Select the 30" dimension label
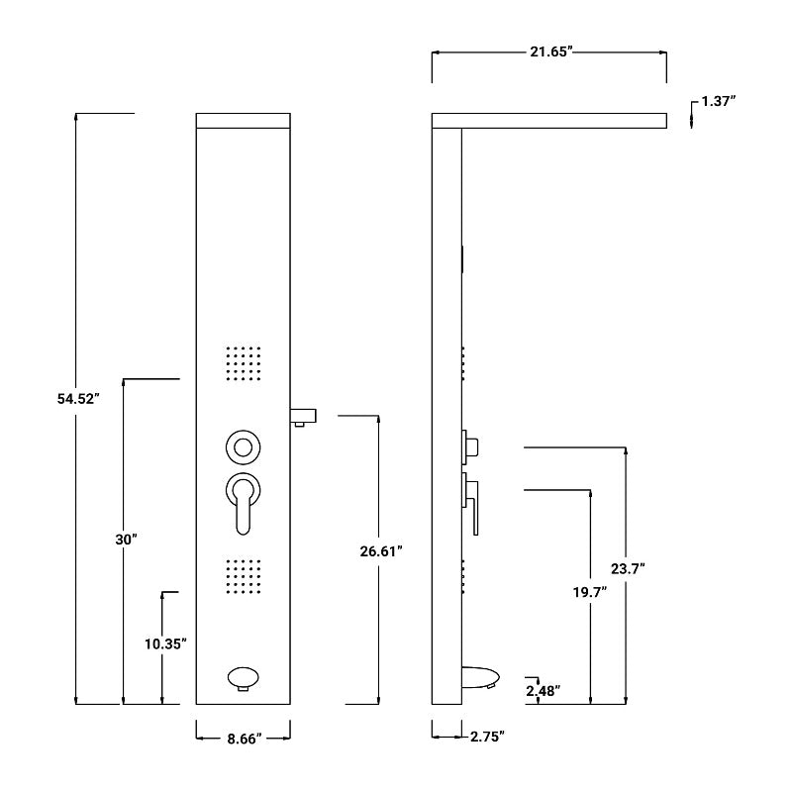[x=126, y=540]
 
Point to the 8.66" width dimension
[x=244, y=738]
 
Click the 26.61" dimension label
[x=381, y=551]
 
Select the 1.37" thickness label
[x=719, y=101]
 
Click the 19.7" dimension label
[x=590, y=592]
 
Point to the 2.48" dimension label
[x=544, y=690]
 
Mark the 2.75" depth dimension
[x=487, y=737]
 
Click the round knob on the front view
[x=243, y=446]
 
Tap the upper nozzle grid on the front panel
[x=244, y=363]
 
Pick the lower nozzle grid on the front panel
[x=244, y=577]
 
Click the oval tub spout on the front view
[x=244, y=679]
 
